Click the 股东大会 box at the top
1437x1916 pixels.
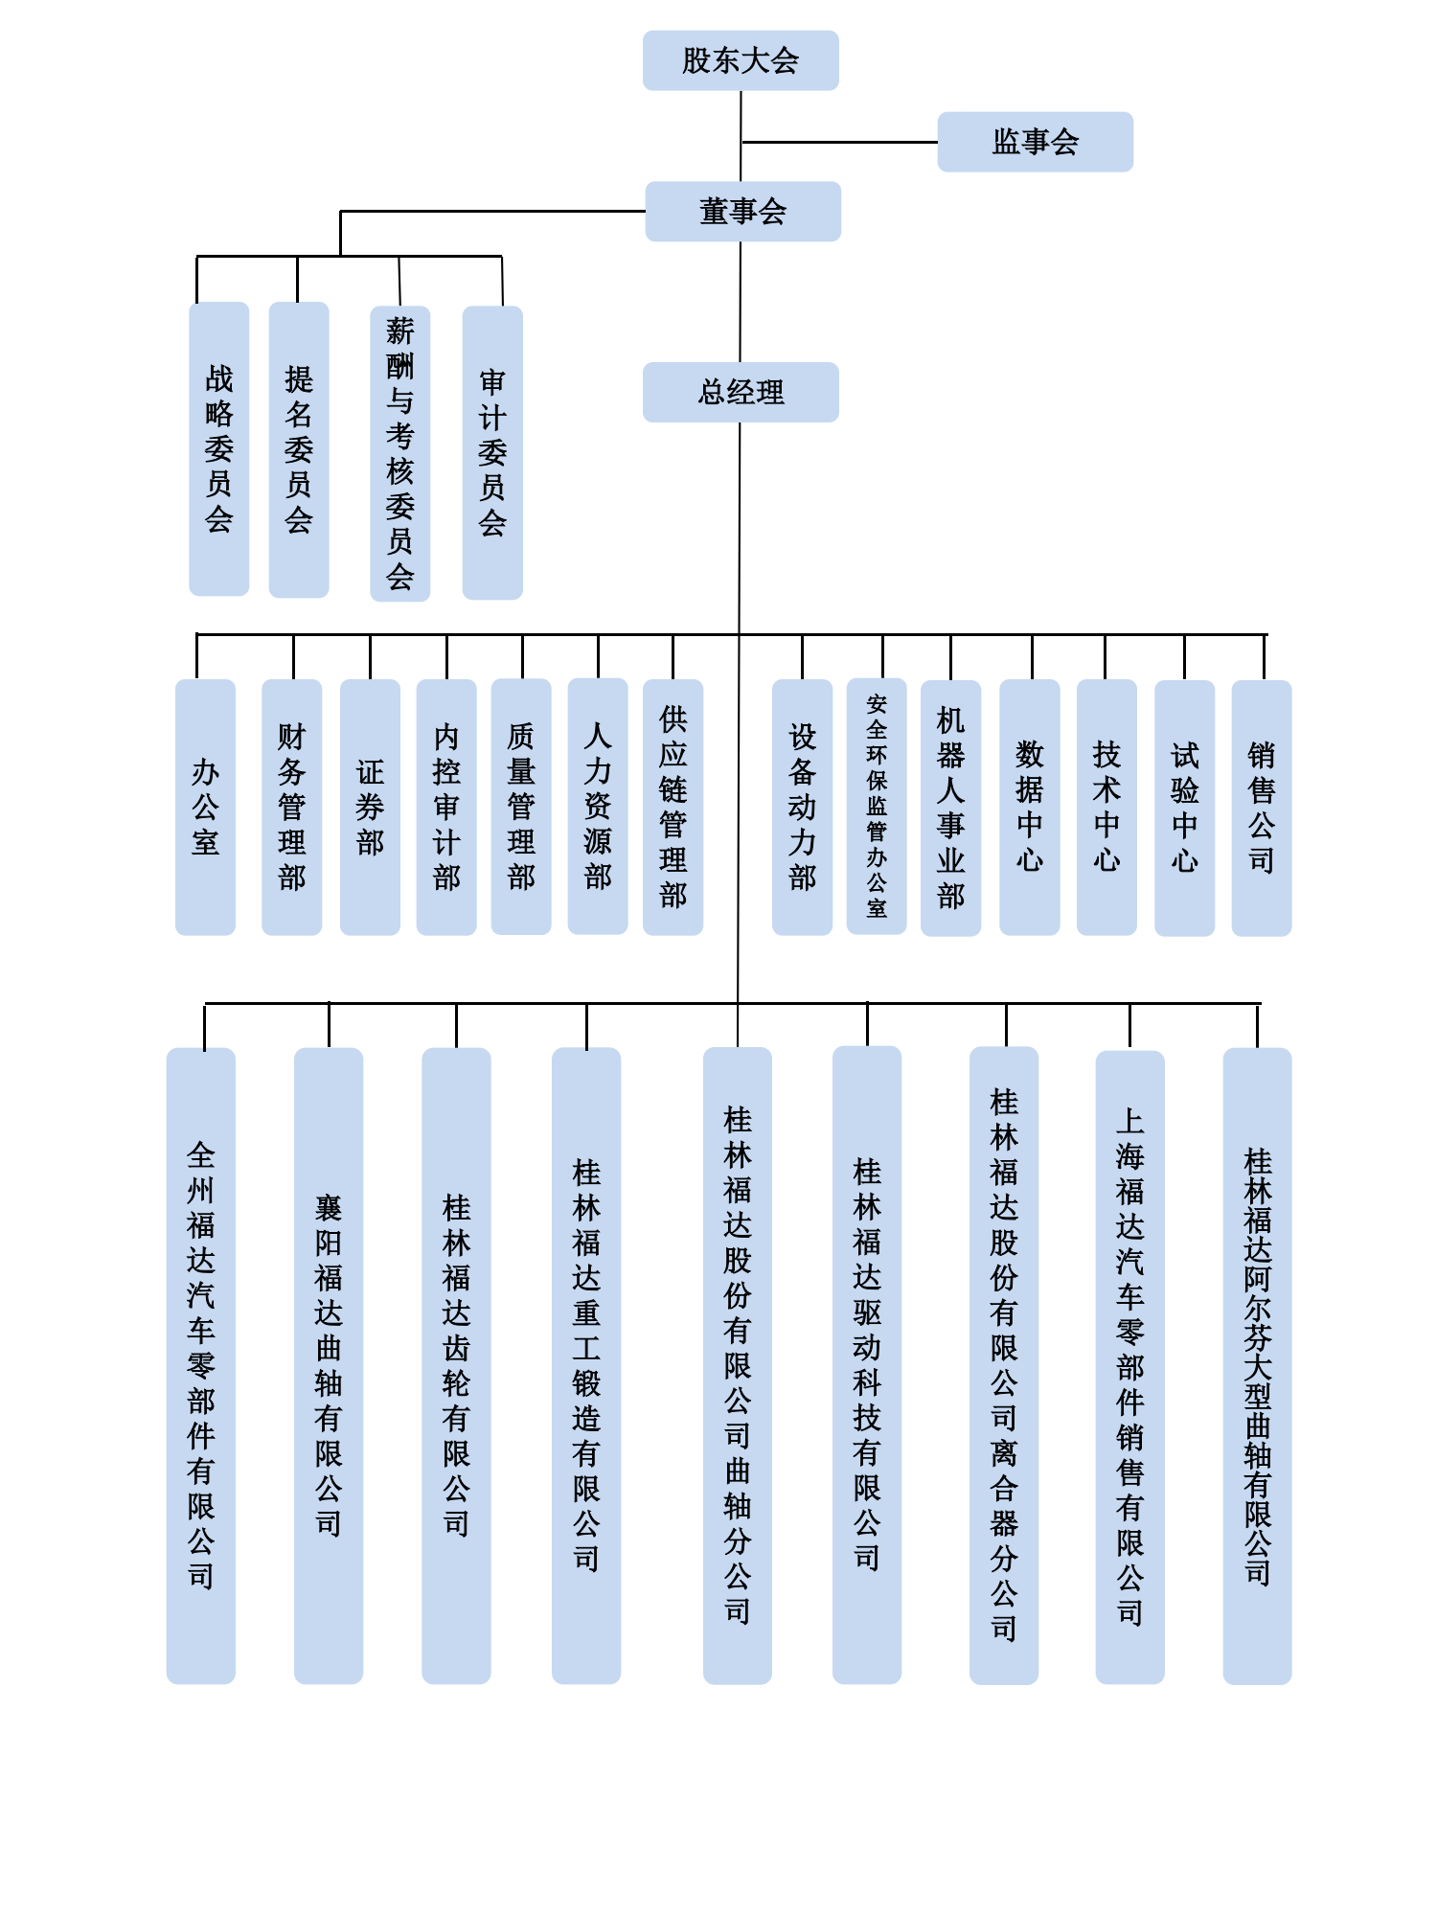741,60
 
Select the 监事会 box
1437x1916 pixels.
1035,142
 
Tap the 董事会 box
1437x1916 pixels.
742,211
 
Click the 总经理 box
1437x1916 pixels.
741,392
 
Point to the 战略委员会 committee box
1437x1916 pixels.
218,448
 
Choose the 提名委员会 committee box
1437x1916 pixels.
299,448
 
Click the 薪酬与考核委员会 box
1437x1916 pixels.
399,453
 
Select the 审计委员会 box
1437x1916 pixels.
492,452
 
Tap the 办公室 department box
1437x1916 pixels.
205,807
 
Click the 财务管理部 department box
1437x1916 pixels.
291,807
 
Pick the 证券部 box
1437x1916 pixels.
370,807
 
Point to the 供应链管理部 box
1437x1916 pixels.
673,807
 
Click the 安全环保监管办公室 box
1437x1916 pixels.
877,807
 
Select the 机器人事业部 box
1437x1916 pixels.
950,808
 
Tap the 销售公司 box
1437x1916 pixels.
1261,808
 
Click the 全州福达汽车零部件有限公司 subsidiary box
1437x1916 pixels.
200,1365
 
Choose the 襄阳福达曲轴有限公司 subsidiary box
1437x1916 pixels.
329,1365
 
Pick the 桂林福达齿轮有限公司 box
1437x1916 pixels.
456,1365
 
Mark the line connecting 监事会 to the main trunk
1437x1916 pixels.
839,142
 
